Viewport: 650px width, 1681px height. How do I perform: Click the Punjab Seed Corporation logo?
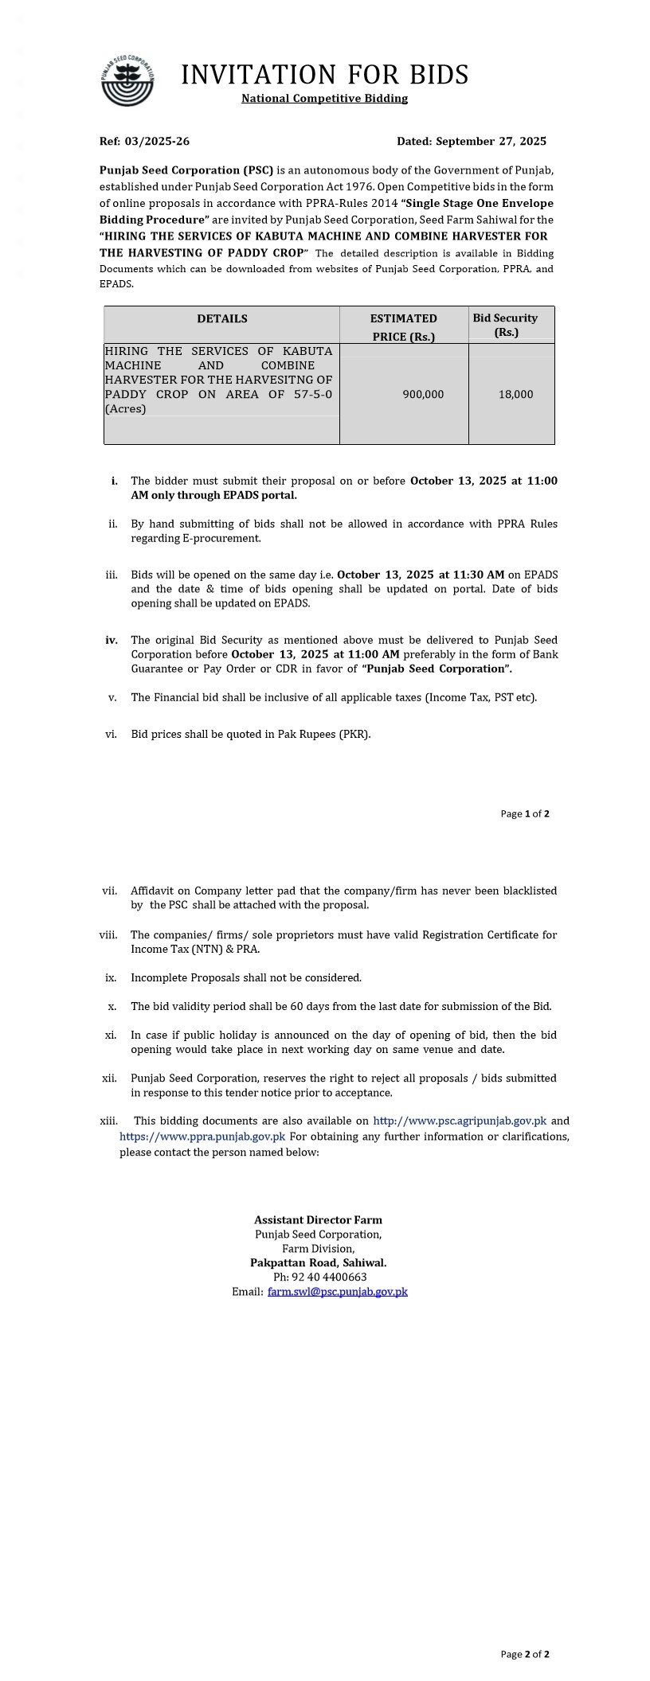click(x=127, y=81)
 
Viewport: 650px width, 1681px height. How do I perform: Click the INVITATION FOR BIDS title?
click(x=324, y=75)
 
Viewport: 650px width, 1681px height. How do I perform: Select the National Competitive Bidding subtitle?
click(x=324, y=99)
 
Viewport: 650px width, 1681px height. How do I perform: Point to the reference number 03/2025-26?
click(x=157, y=142)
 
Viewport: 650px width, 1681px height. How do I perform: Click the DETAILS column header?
click(x=222, y=318)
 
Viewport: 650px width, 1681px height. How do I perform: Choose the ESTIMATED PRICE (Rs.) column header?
click(x=404, y=327)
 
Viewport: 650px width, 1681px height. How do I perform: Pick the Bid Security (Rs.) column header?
click(x=506, y=325)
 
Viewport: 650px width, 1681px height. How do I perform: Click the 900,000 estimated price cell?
click(x=423, y=395)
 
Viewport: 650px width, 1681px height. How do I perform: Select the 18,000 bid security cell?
click(x=516, y=395)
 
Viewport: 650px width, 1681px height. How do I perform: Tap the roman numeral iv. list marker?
click(x=112, y=640)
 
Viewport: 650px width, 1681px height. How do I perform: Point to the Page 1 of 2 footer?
click(x=525, y=813)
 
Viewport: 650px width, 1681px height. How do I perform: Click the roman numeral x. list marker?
click(x=112, y=1007)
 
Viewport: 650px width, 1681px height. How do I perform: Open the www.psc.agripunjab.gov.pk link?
click(x=460, y=1121)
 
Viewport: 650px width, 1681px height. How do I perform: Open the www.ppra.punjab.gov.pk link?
click(x=202, y=1137)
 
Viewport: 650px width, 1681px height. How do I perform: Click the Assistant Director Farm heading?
click(x=318, y=1220)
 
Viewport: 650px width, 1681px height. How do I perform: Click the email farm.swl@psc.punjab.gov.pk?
click(x=338, y=1292)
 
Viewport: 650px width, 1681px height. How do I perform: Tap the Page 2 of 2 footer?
click(x=525, y=1654)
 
